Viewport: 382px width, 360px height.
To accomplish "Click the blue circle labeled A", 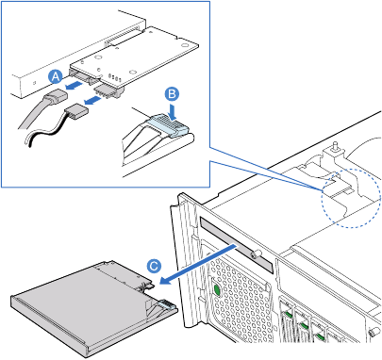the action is pyautogui.click(x=56, y=76).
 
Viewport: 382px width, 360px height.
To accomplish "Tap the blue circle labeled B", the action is pyautogui.click(x=172, y=94).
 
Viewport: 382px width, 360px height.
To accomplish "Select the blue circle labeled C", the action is pyautogui.click(x=154, y=266).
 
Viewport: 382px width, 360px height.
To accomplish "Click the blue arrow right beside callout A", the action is pyautogui.click(x=75, y=85).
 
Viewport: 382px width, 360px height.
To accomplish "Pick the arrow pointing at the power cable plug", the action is pyautogui.click(x=93, y=101).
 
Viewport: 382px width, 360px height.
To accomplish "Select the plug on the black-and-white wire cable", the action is pyautogui.click(x=76, y=112).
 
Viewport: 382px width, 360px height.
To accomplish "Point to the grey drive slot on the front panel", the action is pyautogui.click(x=237, y=244).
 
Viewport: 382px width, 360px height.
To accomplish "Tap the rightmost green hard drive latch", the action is pyautogui.click(x=320, y=337).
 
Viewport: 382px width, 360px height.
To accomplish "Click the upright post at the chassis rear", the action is pyautogui.click(x=336, y=148).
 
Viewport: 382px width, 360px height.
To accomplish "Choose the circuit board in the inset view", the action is pyautogui.click(x=135, y=57).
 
